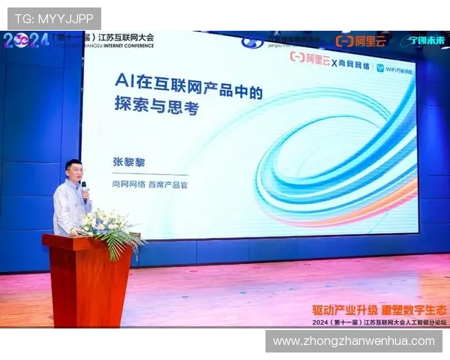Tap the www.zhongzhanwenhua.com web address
click(x=353, y=341)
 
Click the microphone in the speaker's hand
click(x=84, y=187)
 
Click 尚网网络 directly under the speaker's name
click(x=127, y=183)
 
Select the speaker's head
click(x=73, y=171)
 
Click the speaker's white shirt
click(x=70, y=210)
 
